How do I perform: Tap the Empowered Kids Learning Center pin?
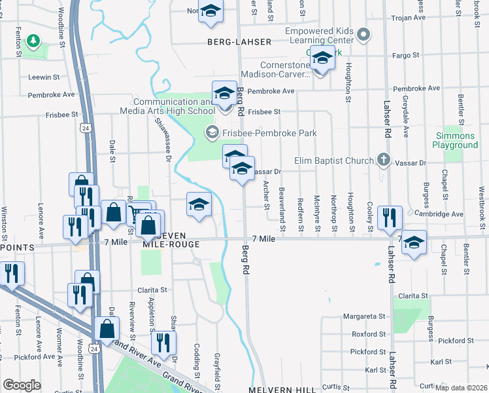pos(365,34)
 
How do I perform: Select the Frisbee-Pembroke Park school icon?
pos(211,133)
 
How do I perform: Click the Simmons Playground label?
pos(456,140)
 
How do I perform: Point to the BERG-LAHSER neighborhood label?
pos(239,42)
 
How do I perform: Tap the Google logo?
pos(22,385)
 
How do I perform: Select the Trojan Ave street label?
pos(409,18)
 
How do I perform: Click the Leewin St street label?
pos(43,77)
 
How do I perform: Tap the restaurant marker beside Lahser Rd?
pos(390,217)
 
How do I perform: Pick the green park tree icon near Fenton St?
pos(32,42)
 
